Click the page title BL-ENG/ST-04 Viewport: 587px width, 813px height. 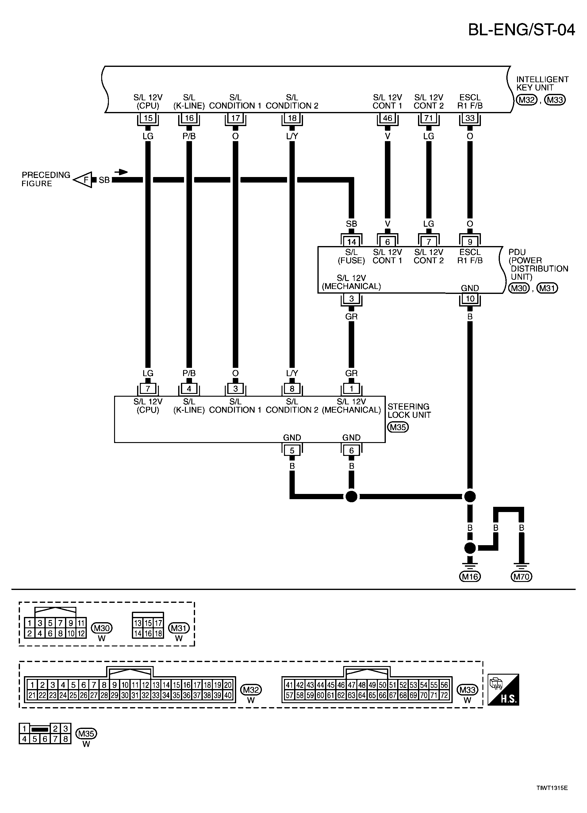click(x=521, y=30)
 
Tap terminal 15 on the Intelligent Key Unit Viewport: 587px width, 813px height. click(x=148, y=118)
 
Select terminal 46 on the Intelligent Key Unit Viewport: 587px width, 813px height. click(x=387, y=118)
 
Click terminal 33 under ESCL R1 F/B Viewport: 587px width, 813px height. click(x=470, y=118)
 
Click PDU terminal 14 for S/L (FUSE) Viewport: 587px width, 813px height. click(x=351, y=242)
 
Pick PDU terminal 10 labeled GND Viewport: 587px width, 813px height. click(x=470, y=299)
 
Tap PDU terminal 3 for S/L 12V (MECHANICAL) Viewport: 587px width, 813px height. click(x=351, y=299)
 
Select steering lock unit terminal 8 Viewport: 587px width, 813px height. click(x=292, y=389)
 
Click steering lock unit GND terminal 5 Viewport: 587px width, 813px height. click(x=292, y=451)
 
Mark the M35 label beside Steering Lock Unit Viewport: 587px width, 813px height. click(x=398, y=427)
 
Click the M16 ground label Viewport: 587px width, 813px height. click(x=470, y=577)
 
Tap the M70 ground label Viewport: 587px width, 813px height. click(x=521, y=577)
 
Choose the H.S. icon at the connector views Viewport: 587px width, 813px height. click(x=503, y=690)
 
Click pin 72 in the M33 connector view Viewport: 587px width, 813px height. click(x=444, y=695)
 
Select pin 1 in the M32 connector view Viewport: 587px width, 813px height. click(x=32, y=685)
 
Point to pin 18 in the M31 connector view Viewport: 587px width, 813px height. click(x=158, y=634)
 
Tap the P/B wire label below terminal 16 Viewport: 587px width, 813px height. click(x=189, y=136)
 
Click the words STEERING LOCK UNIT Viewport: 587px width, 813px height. click(x=409, y=411)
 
